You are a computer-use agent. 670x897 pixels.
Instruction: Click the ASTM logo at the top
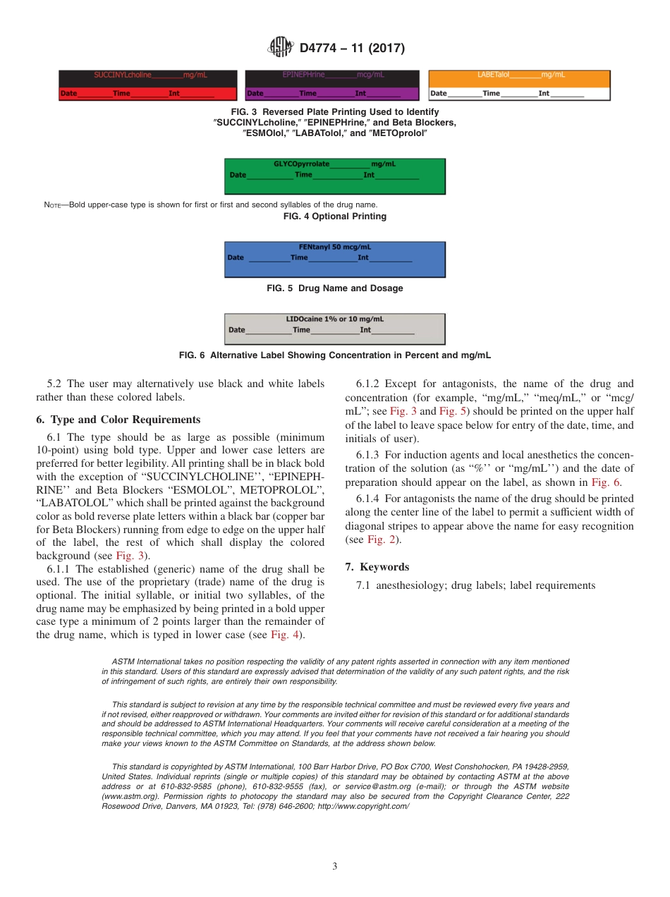[x=281, y=48]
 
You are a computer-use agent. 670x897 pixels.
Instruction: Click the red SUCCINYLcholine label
[x=147, y=85]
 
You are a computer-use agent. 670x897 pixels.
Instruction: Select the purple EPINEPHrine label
[x=331, y=85]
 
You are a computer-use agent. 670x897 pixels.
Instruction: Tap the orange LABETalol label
[x=519, y=85]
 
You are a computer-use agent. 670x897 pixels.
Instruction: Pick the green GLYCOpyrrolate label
[x=335, y=176]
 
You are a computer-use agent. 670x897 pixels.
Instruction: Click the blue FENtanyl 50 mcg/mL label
[x=335, y=260]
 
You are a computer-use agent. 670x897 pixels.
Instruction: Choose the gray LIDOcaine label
[x=335, y=329]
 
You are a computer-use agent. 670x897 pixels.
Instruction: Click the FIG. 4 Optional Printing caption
[x=335, y=216]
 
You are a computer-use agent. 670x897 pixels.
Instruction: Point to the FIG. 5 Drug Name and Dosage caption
[x=335, y=288]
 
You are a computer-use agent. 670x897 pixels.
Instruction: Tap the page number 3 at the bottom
[x=335, y=867]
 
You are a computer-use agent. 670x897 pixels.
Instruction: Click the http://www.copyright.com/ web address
[x=363, y=806]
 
